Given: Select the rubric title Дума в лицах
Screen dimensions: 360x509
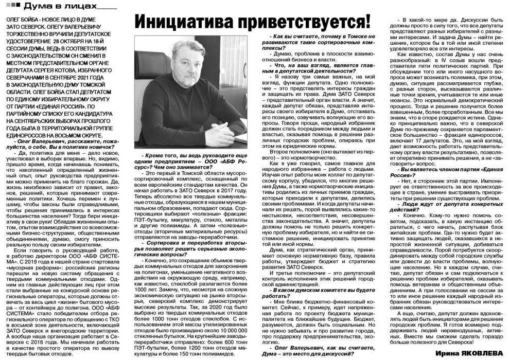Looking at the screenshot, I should point(57,6).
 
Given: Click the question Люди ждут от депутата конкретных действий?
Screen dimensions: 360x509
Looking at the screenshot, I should point(443,206).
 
